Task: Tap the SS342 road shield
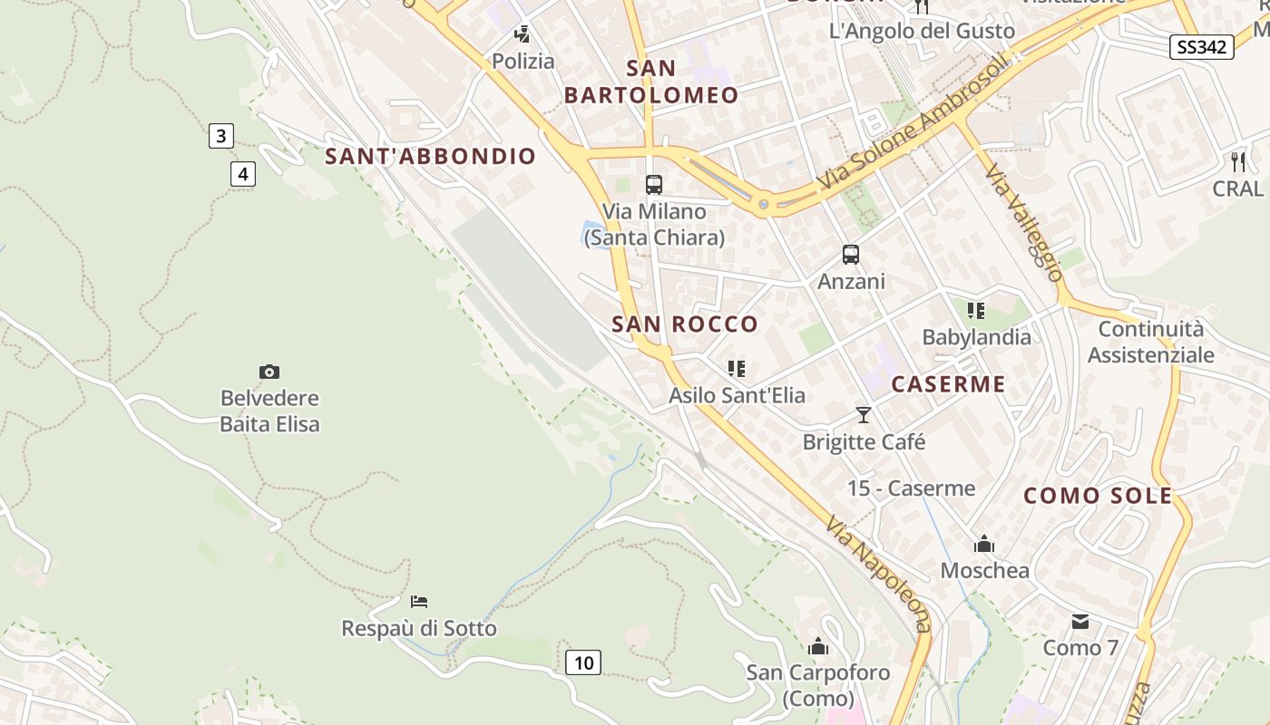tap(1202, 47)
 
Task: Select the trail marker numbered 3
tap(220, 137)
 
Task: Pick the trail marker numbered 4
tap(242, 173)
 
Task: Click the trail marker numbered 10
tap(583, 662)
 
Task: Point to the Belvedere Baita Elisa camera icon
tap(269, 372)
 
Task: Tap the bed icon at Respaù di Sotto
tap(419, 601)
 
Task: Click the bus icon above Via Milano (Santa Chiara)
tap(654, 185)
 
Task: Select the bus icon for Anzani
tap(851, 255)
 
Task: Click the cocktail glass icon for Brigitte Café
tap(864, 415)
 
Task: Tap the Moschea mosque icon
tap(984, 545)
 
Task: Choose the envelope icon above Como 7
tap(1080, 622)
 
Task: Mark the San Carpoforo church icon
tap(818, 646)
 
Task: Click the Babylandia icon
tap(976, 311)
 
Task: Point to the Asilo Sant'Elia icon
tap(737, 369)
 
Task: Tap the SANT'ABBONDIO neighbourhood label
tap(431, 156)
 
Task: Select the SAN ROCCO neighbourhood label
tap(685, 324)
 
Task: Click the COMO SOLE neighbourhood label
tap(1098, 496)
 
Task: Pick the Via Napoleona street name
tap(878, 573)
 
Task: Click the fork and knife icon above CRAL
tap(1238, 162)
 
